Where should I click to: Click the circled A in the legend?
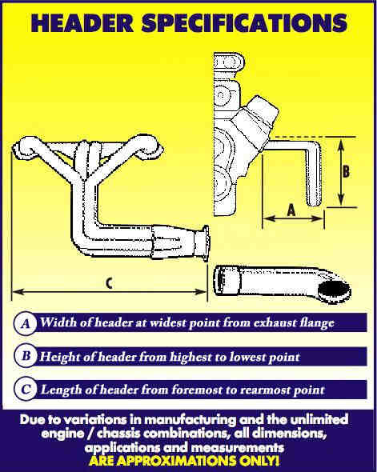click(x=26, y=324)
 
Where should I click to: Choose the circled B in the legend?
click(x=26, y=357)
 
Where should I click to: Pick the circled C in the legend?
click(x=26, y=390)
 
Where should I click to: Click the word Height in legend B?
click(x=60, y=357)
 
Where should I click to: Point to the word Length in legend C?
click(x=60, y=390)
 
